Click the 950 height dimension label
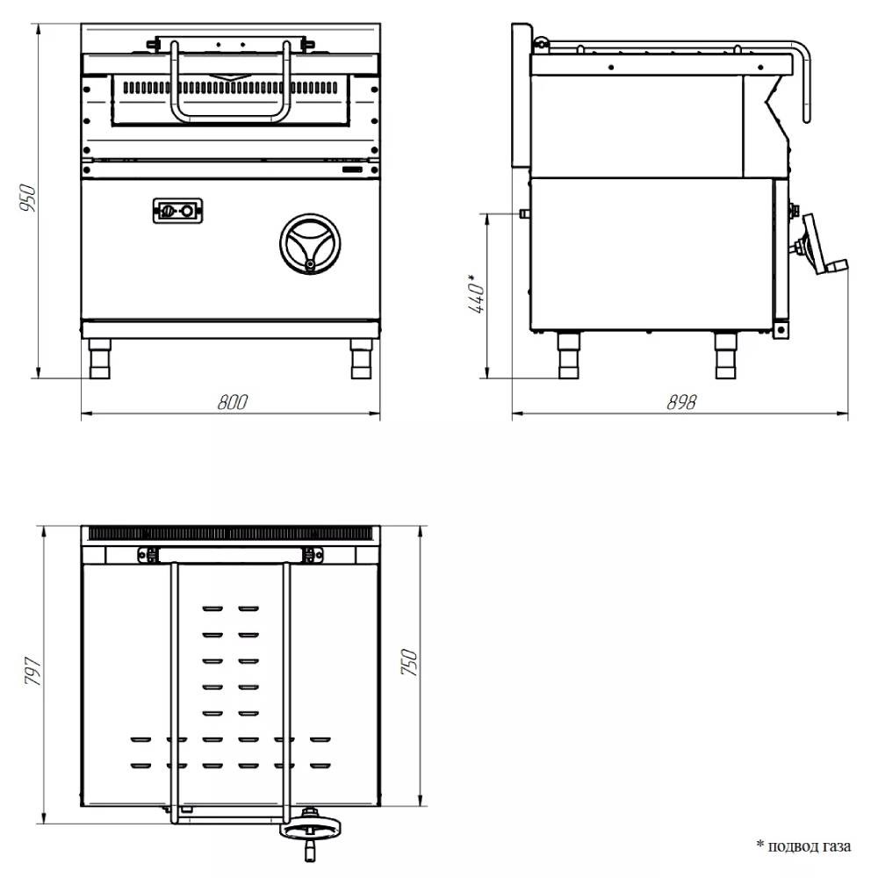27,198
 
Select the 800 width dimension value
232,402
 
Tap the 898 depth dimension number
681,402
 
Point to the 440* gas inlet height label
477,293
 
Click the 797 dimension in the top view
33,672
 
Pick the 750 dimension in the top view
409,662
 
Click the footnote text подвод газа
810,846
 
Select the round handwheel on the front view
310,244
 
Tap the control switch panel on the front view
177,211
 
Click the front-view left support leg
100,358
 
